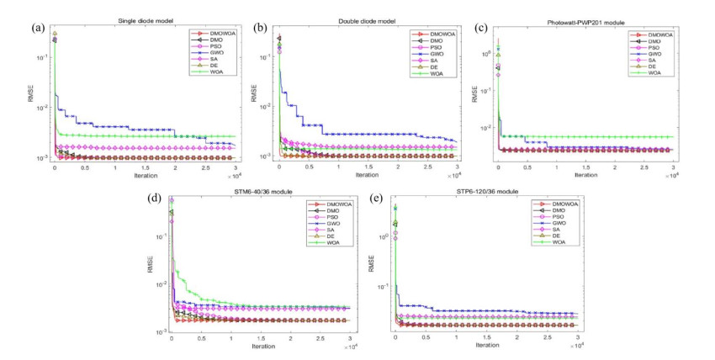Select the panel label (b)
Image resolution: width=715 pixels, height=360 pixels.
point(261,27)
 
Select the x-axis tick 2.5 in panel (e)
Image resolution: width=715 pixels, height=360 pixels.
point(547,337)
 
